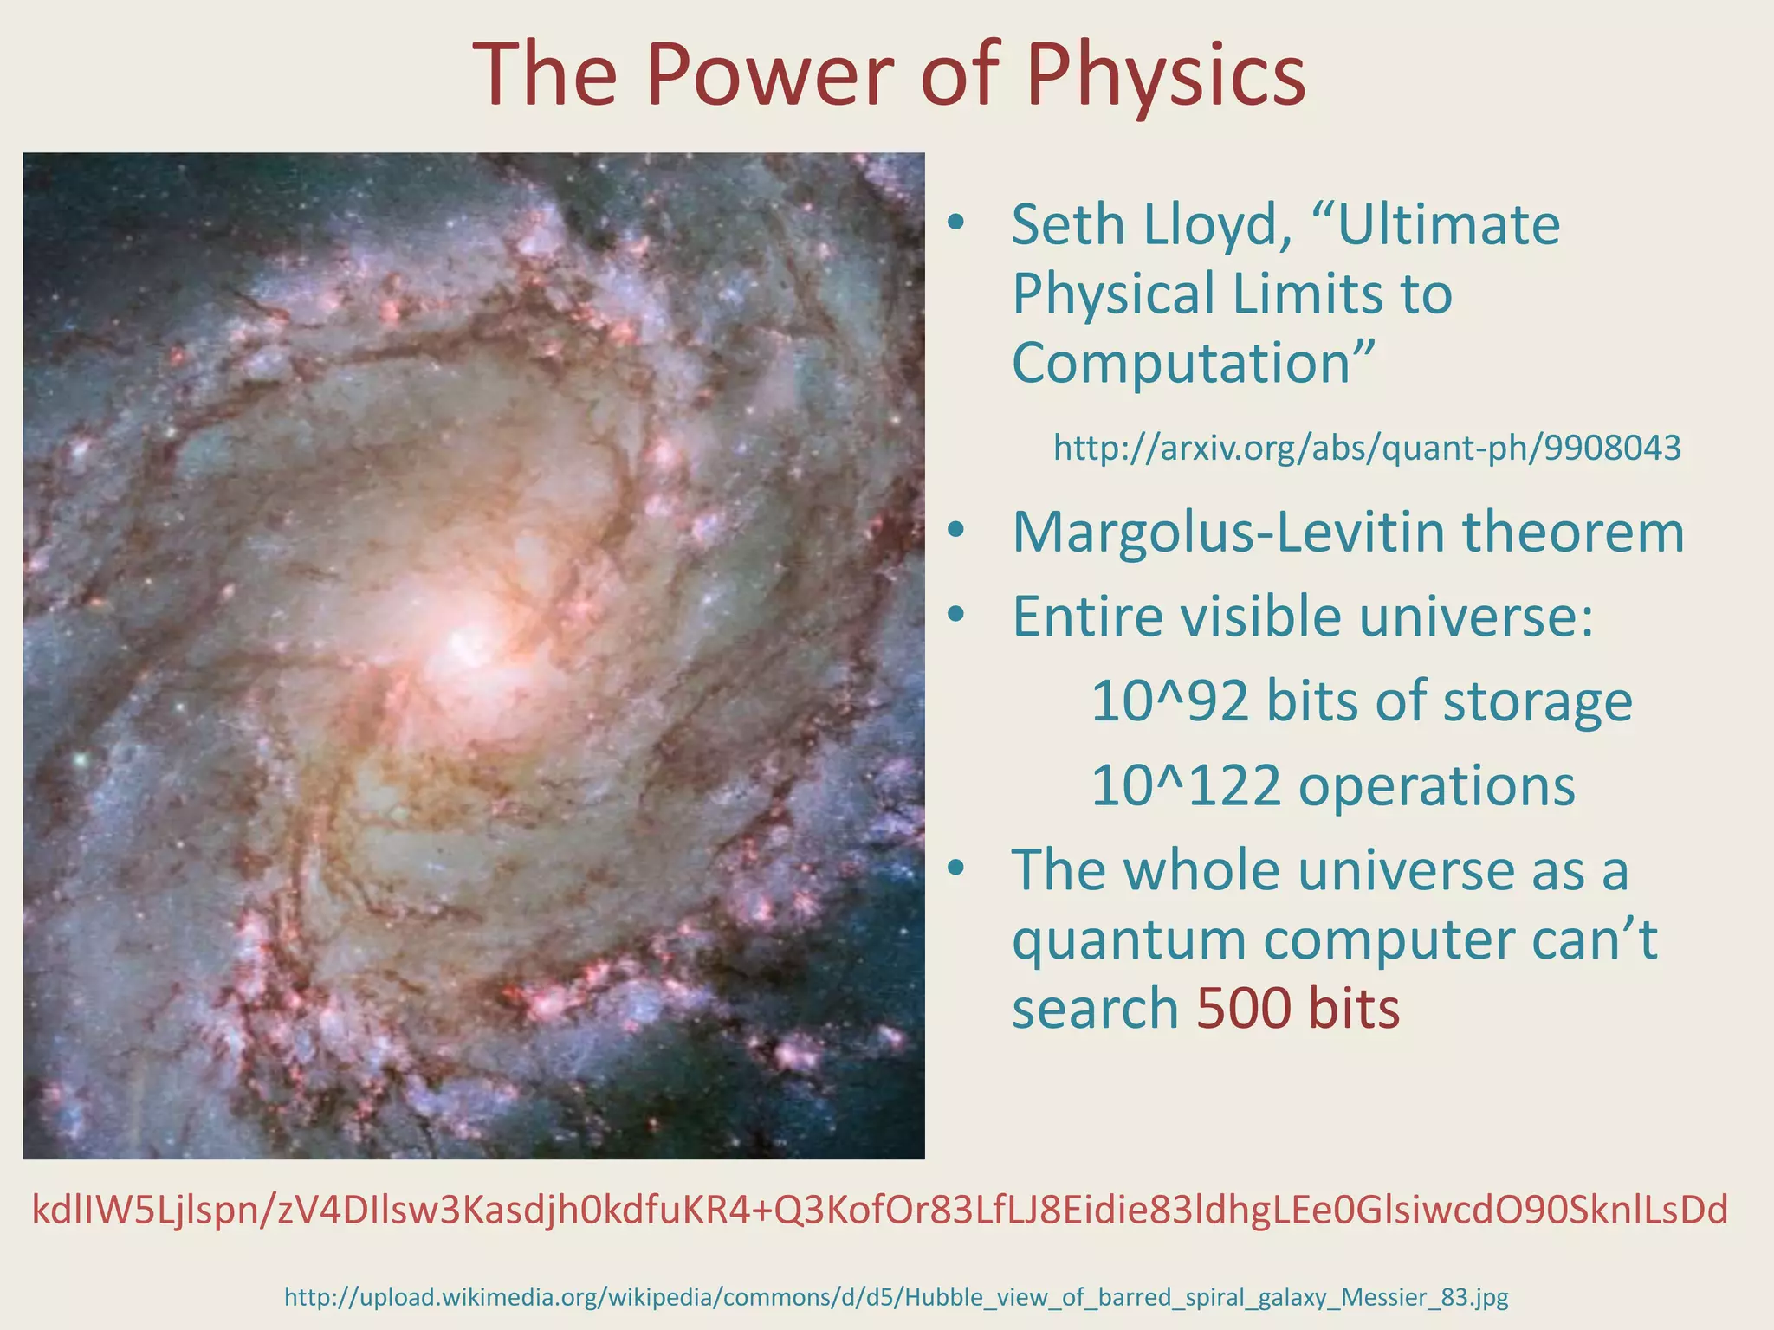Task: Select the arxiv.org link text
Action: (x=1367, y=449)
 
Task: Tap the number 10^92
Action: (x=1169, y=701)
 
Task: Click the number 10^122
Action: (x=1185, y=785)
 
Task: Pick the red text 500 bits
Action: (x=1298, y=1009)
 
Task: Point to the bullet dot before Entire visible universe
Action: (x=955, y=615)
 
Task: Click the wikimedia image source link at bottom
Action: (x=897, y=1297)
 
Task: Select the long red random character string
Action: (x=879, y=1210)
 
